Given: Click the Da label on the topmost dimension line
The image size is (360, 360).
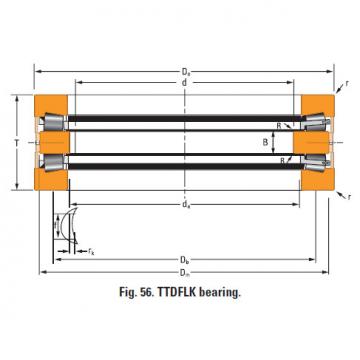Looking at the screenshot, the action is coord(184,72).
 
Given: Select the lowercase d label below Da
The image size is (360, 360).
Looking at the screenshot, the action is coord(184,83).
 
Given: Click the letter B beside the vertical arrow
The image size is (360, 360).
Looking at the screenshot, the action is coord(265,143).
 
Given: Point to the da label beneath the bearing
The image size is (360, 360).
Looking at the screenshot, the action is coord(184,204).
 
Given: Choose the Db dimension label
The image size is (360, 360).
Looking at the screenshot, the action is coord(184,259).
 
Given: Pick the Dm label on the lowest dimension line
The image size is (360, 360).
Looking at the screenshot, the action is coord(184,273).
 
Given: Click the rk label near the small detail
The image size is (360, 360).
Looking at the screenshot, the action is coord(91,251).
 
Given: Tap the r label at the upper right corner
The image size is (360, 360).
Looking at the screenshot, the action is coord(347,84).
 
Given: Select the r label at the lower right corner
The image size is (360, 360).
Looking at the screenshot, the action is coord(349,197).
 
